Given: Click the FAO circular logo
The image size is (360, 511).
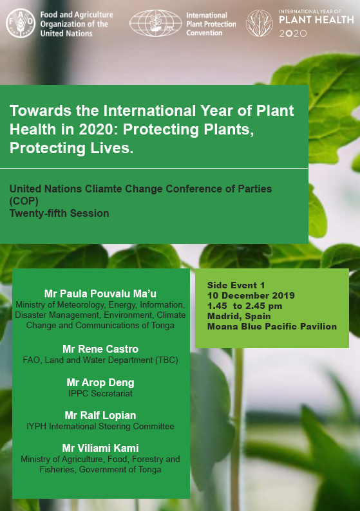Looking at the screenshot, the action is [x=21, y=23].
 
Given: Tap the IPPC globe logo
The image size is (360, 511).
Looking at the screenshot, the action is [x=156, y=23].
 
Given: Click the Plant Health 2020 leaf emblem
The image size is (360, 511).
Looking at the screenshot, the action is [x=260, y=23].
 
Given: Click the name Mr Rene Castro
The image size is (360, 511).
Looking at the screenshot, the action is [x=100, y=349].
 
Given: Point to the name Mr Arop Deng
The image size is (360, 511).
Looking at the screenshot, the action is [x=100, y=382].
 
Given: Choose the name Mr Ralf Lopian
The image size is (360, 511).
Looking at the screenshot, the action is [x=100, y=415].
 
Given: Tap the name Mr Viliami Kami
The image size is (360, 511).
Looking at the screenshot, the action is [x=100, y=448].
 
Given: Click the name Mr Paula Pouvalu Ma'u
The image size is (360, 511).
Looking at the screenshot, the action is [x=100, y=293].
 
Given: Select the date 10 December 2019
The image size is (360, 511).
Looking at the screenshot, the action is [x=251, y=295].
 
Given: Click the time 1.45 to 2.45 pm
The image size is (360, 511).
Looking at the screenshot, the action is [x=245, y=306].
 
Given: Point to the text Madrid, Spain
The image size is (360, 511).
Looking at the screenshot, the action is [x=239, y=316].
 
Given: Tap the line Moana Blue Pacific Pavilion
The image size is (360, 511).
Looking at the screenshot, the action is [x=272, y=326].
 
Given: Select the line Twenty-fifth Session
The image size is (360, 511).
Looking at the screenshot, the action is [x=59, y=213].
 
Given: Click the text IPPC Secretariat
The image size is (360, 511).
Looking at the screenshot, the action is [x=100, y=393].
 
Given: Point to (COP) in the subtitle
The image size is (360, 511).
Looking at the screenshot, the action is [x=24, y=201].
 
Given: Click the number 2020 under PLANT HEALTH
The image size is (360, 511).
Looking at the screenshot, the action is [x=293, y=33].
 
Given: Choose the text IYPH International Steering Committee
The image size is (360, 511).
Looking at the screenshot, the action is [x=100, y=426].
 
